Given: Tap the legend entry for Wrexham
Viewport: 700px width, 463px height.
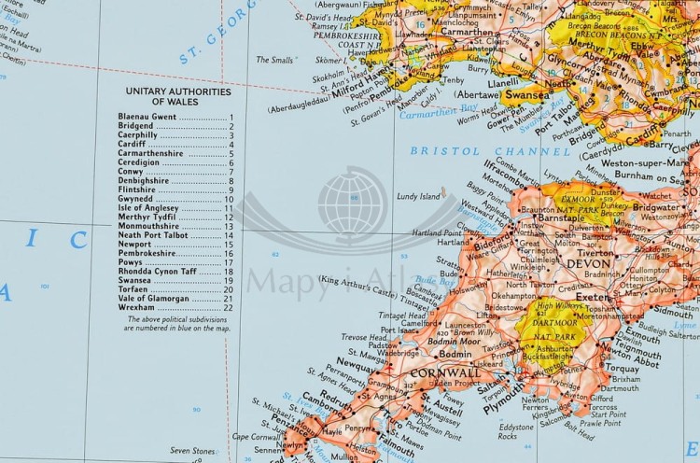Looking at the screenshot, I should [135, 307].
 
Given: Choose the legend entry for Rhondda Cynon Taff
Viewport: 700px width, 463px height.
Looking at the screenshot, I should [157, 271].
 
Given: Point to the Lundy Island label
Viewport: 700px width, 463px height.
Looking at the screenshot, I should [417, 197].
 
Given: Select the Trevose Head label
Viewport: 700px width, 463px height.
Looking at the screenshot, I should [358, 337].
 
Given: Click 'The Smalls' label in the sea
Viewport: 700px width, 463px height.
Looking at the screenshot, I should [274, 59].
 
